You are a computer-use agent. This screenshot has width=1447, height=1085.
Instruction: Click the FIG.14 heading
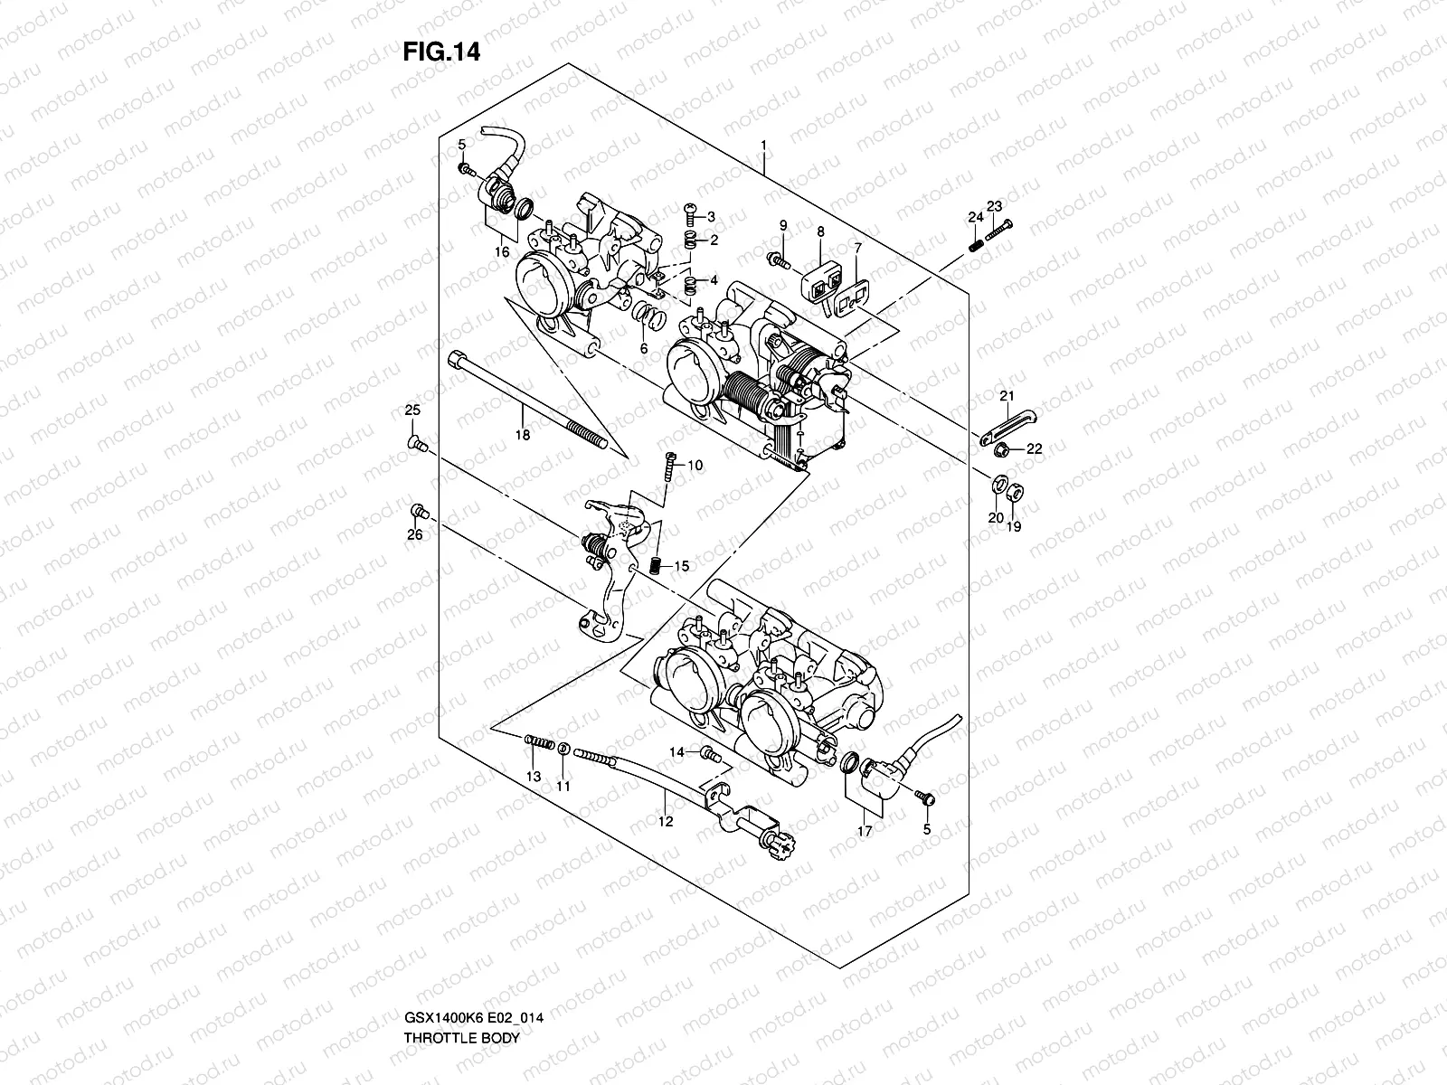[440, 52]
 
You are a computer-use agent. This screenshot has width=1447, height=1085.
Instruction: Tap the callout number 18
[522, 435]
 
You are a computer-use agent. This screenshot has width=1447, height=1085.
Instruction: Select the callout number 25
[412, 411]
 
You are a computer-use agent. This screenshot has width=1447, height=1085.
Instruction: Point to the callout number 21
[1007, 395]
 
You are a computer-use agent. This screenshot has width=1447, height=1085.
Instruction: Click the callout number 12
[666, 822]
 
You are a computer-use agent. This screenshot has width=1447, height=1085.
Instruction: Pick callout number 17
[865, 830]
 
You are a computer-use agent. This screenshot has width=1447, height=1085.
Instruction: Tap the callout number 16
[502, 252]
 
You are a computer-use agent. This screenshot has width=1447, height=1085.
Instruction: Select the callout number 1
[764, 145]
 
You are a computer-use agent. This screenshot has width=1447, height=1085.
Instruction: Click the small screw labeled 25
[416, 442]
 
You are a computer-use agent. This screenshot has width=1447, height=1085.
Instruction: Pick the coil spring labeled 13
[539, 743]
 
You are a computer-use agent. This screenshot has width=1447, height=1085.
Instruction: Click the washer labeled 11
[564, 749]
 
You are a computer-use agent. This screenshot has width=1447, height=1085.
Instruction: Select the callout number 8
[820, 232]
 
